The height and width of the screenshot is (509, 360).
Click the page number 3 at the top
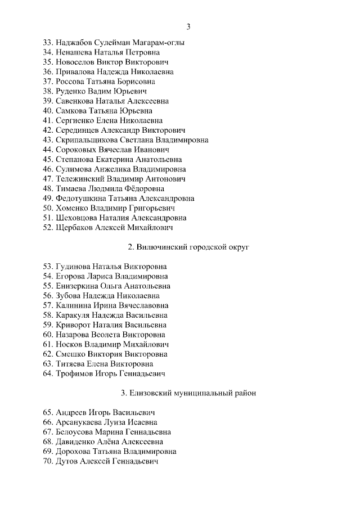pyautogui.click(x=188, y=26)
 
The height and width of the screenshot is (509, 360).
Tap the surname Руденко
pyautogui.click(x=71, y=91)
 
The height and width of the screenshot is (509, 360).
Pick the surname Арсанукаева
pyautogui.click(x=80, y=422)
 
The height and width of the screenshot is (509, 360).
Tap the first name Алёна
pyautogui.click(x=114, y=442)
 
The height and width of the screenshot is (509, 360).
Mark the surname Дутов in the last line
pyautogui.click(x=68, y=461)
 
